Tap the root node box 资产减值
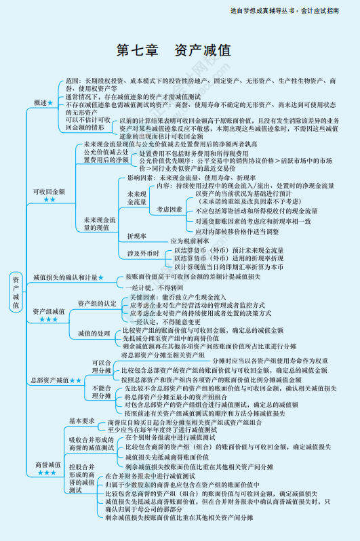[x=16, y=292]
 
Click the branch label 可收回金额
[x=49, y=191]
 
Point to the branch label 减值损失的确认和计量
[x=65, y=278]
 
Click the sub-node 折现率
[x=138, y=236]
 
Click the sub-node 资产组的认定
[x=97, y=303]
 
